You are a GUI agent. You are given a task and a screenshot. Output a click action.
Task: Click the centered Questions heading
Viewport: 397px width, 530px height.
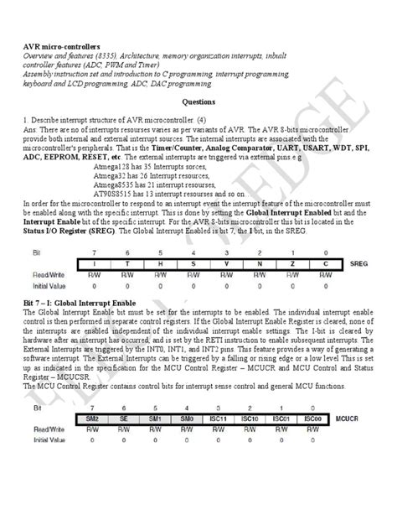pyautogui.click(x=198, y=99)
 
